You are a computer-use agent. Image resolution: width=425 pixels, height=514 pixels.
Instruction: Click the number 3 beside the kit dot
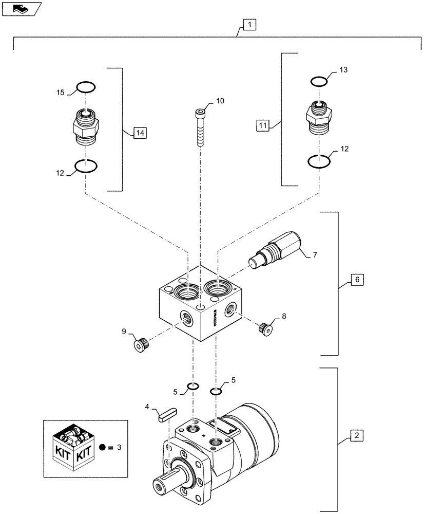(x=119, y=448)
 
